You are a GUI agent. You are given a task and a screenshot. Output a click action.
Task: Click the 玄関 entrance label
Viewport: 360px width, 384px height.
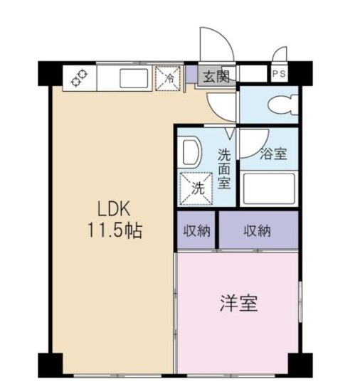click(214, 77)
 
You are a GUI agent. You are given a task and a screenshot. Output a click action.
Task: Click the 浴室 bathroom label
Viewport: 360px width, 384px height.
click(274, 153)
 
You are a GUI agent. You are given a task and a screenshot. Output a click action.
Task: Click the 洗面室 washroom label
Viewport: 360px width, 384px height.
click(224, 168)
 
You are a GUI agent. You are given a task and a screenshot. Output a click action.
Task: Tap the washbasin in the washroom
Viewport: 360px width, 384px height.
click(190, 151)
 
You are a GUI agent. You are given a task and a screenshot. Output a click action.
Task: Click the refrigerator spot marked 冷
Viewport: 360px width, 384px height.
click(169, 78)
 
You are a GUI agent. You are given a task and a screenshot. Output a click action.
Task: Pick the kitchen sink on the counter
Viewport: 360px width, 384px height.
click(133, 78)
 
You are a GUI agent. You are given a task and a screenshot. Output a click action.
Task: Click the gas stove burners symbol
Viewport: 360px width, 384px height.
click(78, 78)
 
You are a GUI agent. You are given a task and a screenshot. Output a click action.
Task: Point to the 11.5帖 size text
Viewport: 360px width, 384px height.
click(115, 231)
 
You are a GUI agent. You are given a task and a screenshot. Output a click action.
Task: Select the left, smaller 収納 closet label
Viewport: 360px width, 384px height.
click(197, 230)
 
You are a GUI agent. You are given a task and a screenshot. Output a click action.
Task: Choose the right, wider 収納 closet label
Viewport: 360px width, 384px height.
click(258, 230)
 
